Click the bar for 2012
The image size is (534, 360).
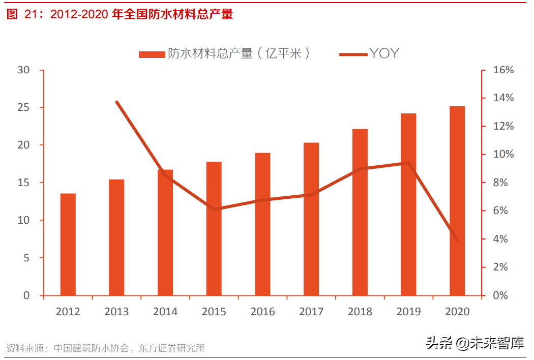click(x=68, y=244)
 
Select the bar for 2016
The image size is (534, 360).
click(x=262, y=224)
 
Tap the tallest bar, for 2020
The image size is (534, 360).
click(x=457, y=201)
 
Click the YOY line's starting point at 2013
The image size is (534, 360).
click(x=116, y=102)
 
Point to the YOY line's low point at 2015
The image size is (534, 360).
click(x=214, y=209)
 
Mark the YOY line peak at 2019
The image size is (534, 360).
click(x=408, y=163)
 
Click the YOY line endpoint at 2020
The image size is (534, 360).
click(x=457, y=239)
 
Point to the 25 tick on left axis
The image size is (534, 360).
click(x=23, y=108)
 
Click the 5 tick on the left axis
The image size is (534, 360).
click(x=26, y=258)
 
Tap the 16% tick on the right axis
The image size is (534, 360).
click(x=503, y=70)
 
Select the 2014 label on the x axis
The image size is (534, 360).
click(x=165, y=312)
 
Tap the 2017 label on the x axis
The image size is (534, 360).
click(x=311, y=312)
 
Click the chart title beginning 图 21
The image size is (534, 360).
click(x=120, y=15)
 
